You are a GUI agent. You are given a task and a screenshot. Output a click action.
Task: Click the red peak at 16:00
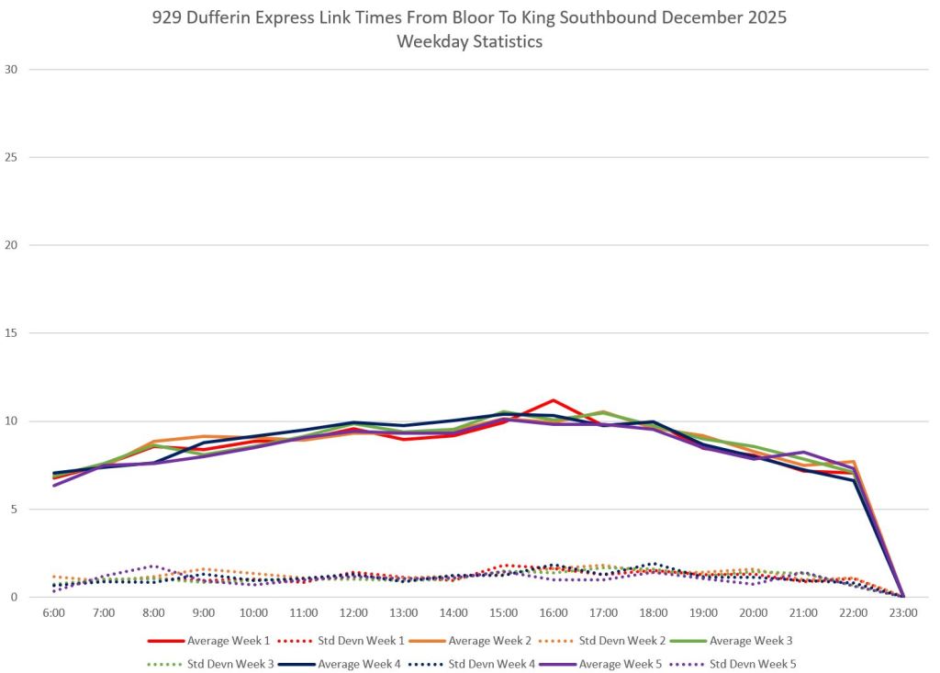tap(553, 400)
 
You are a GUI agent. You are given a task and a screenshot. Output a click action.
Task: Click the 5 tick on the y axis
tap(14, 510)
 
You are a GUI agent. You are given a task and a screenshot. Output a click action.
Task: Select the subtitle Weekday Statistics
tap(469, 42)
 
